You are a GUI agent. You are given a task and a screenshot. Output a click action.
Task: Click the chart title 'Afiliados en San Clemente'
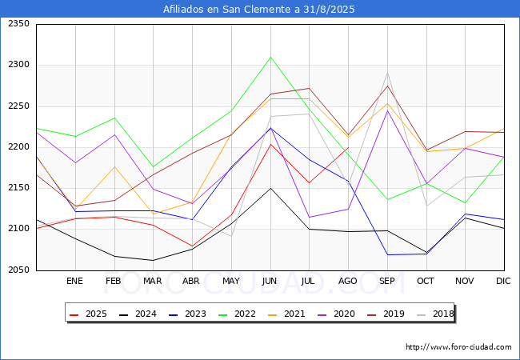[259, 10]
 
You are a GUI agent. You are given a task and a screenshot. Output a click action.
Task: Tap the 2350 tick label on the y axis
[18, 24]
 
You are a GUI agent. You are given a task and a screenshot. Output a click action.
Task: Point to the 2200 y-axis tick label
[18, 147]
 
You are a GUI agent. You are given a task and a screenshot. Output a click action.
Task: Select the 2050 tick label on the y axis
[18, 270]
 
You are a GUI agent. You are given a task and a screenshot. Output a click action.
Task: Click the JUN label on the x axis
[270, 281]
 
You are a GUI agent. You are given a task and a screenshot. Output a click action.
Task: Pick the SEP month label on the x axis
[387, 281]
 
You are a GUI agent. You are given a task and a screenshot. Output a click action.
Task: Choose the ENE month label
[74, 281]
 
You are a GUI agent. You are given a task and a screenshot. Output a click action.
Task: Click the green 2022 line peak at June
[270, 57]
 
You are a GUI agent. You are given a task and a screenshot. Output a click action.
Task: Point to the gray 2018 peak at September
[387, 73]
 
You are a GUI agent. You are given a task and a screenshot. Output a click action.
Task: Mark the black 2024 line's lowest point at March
[153, 260]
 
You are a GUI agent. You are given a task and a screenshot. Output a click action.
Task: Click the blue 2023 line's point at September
[387, 254]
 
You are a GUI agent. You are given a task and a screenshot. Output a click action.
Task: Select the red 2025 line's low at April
[192, 246]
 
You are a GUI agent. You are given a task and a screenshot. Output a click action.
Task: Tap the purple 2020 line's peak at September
[387, 110]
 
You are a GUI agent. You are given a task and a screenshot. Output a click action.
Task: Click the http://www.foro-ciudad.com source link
[458, 347]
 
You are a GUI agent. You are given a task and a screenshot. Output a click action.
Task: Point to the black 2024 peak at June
[270, 188]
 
